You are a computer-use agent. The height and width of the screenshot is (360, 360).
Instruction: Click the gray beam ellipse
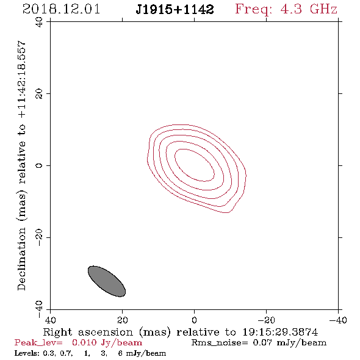pos(107,281)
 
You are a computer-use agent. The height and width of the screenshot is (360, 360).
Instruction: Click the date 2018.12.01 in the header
pos(61,9)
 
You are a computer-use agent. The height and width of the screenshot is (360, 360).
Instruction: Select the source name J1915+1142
pos(175,9)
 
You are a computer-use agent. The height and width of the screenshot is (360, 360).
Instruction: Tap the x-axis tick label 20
pos(123,320)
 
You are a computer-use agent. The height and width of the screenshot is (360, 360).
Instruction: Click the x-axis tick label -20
pos(266,320)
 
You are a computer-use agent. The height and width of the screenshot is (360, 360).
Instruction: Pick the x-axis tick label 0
pos(195,320)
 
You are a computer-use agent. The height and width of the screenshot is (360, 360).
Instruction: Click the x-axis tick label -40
pos(338,320)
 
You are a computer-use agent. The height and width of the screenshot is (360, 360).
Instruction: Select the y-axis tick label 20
pos(39,94)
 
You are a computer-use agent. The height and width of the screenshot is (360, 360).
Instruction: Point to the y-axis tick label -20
pos(39,237)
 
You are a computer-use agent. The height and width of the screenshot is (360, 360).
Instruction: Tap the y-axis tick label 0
pos(39,165)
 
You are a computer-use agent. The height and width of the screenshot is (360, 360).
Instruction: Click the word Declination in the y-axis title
pos(21,259)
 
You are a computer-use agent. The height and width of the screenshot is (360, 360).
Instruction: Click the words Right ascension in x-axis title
pos(88,332)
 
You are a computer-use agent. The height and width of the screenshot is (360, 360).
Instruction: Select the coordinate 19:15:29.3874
pos(280,332)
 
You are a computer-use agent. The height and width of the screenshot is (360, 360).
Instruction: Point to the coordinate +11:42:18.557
pos(22,80)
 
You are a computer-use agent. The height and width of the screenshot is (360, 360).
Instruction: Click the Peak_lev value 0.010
pos(84,342)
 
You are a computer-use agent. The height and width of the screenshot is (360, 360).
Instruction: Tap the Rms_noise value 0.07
pos(262,342)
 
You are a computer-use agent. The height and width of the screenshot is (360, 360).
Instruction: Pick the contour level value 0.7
pos(67,353)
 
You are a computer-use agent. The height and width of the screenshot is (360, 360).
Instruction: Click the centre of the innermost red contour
pos(195,165)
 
